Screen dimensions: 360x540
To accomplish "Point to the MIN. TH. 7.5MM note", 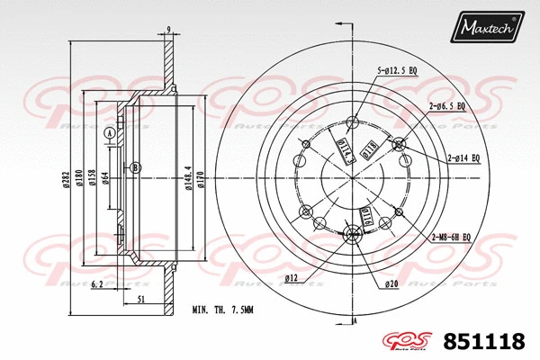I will point(223,310).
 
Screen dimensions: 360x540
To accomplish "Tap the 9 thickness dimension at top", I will point(168,31).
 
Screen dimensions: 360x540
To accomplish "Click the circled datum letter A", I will point(110,133).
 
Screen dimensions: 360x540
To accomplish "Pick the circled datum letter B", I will point(135,167).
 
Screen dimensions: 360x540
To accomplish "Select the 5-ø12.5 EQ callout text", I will point(397,69).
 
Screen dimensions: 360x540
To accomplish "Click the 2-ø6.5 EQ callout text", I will point(447,105).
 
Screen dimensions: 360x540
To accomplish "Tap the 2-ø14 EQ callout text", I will point(465,158).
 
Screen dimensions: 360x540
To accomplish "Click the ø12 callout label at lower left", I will point(292,277).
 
